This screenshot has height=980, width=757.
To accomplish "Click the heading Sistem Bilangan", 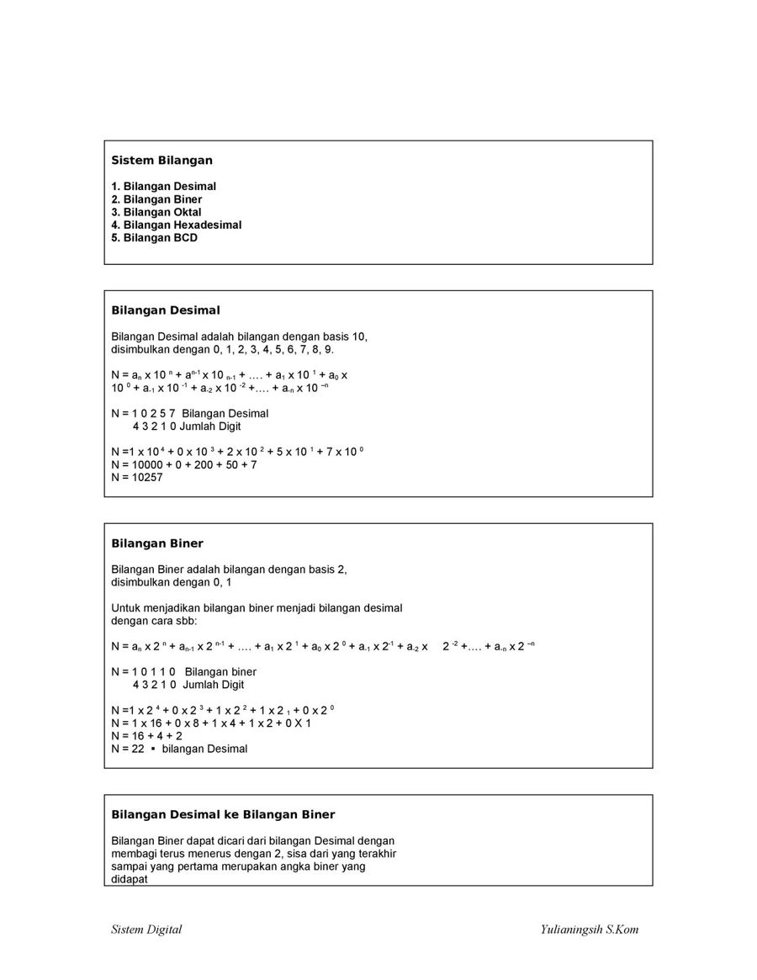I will click(x=161, y=160).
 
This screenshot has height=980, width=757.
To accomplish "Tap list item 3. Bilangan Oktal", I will click(x=156, y=212).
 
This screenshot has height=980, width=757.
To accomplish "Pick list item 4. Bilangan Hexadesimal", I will click(x=177, y=225).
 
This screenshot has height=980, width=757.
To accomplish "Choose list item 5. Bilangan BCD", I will click(x=154, y=238).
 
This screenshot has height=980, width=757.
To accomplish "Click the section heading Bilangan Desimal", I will click(x=166, y=310).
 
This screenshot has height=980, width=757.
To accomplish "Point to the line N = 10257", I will click(x=137, y=477).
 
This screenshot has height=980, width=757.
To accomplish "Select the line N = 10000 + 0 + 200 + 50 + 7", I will click(x=184, y=464).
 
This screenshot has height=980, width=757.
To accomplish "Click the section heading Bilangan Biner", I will click(x=157, y=543).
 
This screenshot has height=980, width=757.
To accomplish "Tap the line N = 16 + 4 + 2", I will click(x=147, y=735).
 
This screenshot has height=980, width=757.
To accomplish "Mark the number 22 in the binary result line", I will click(x=139, y=749).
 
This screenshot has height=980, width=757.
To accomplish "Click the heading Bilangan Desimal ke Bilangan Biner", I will click(x=223, y=814).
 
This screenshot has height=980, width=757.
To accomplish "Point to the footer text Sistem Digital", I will click(x=146, y=930).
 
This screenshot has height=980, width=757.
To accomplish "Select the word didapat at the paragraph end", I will click(x=130, y=879).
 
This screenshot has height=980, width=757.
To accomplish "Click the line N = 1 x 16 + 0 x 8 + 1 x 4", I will click(x=211, y=723).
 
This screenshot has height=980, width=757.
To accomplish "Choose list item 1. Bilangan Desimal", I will click(x=164, y=186).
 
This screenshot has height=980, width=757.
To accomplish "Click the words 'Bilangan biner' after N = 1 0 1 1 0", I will click(x=220, y=672).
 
